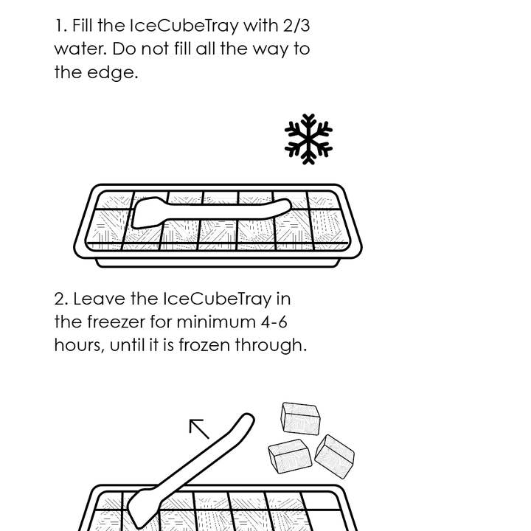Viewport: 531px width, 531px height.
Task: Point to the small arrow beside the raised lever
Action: click(199, 428)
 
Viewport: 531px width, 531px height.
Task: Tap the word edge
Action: click(117, 73)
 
